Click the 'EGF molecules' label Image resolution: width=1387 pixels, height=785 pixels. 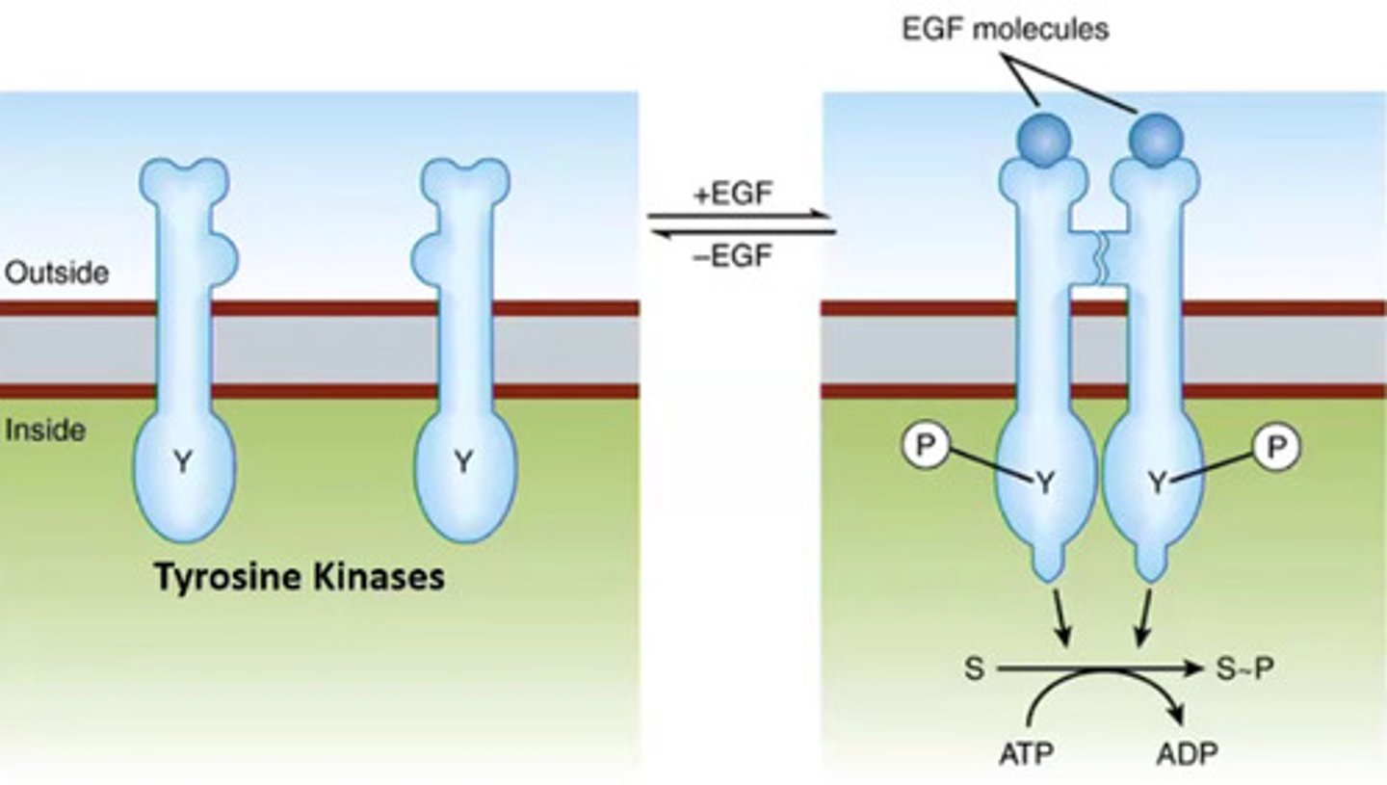(1005, 28)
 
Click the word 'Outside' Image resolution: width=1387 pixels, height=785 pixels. (56, 274)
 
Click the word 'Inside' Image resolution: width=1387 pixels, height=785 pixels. (45, 430)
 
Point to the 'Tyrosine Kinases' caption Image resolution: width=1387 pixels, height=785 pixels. (300, 577)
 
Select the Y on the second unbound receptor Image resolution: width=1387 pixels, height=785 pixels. (464, 463)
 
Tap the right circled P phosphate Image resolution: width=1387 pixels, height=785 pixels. (1276, 447)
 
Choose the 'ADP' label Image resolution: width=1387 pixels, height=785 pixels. (1185, 751)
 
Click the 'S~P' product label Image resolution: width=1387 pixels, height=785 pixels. (1243, 667)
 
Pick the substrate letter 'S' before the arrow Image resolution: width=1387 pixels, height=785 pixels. (974, 667)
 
